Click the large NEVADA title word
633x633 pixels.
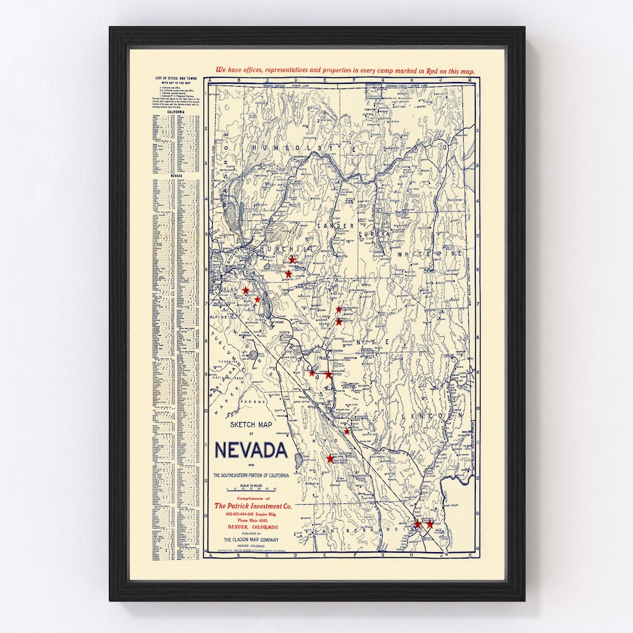click(251, 450)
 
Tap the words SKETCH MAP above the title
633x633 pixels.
click(251, 424)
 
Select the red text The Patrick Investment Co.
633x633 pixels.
click(253, 506)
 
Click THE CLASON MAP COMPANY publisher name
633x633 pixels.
click(251, 540)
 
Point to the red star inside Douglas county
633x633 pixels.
click(246, 290)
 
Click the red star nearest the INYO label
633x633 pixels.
click(330, 458)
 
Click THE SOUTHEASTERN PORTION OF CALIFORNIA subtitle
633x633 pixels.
click(251, 475)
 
